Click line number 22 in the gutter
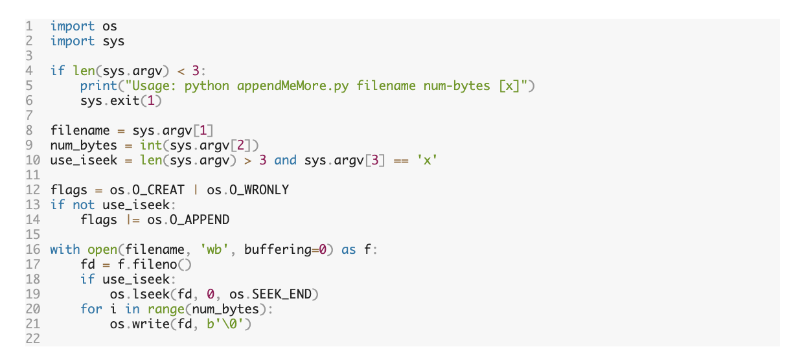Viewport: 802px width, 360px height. pyautogui.click(x=32, y=339)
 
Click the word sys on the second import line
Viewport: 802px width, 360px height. pyautogui.click(x=113, y=41)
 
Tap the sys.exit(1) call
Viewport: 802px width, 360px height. pyautogui.click(x=120, y=100)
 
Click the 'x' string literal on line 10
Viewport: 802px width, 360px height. pyautogui.click(x=426, y=160)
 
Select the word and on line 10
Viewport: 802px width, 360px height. pyautogui.click(x=285, y=160)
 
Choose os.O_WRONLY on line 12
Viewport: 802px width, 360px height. pyautogui.click(x=247, y=190)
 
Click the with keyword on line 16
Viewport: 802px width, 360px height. pyautogui.click(x=65, y=249)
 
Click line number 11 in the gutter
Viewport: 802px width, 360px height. pyautogui.click(x=32, y=175)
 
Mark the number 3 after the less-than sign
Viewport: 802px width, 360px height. pyautogui.click(x=196, y=71)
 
